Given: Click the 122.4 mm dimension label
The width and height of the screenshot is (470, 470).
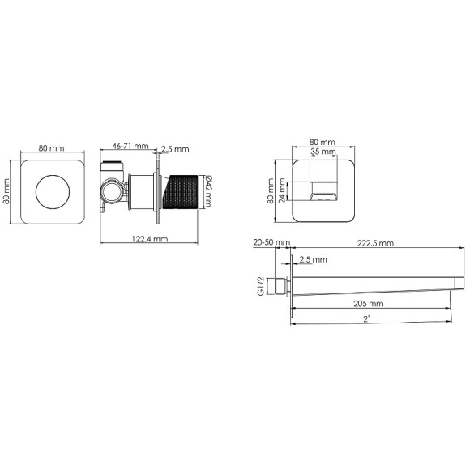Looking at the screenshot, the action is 150,239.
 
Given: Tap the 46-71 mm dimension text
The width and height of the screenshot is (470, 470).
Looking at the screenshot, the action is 130,146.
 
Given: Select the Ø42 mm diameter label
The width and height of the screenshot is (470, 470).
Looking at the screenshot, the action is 208,191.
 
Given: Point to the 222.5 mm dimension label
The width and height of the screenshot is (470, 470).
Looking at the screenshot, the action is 375,243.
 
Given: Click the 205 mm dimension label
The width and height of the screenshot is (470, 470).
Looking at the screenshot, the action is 369,304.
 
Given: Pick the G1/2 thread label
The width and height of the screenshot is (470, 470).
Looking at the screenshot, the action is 261,286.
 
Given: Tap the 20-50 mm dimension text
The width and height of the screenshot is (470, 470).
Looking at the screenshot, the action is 271,242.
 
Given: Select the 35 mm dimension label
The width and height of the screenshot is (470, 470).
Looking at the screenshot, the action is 323,152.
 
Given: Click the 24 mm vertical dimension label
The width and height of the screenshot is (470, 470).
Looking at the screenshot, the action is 282,190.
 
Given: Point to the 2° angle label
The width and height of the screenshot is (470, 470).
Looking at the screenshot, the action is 367,319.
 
